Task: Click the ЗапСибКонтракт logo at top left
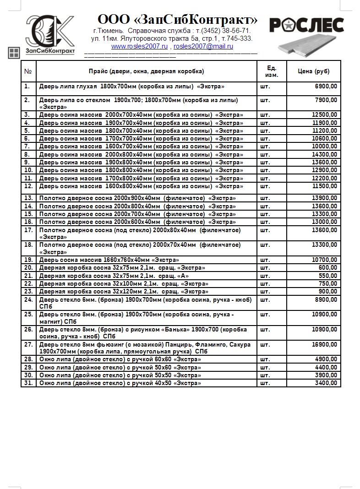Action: click(x=50, y=34)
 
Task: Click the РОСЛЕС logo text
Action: click(x=306, y=25)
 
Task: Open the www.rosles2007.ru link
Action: click(x=139, y=46)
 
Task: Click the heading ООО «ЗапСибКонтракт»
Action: click(x=177, y=20)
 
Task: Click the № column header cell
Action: click(x=28, y=71)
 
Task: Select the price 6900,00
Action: click(x=326, y=86)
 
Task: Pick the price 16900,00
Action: click(x=325, y=345)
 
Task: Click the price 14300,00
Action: click(x=325, y=155)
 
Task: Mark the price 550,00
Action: click(x=328, y=276)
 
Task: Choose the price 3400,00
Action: click(x=326, y=383)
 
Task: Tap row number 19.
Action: click(x=28, y=260)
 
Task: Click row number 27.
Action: click(x=28, y=345)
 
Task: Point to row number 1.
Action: click(x=27, y=86)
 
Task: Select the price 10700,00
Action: click(x=325, y=260)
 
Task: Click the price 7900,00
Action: click(x=326, y=100)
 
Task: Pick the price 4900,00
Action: click(x=326, y=359)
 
